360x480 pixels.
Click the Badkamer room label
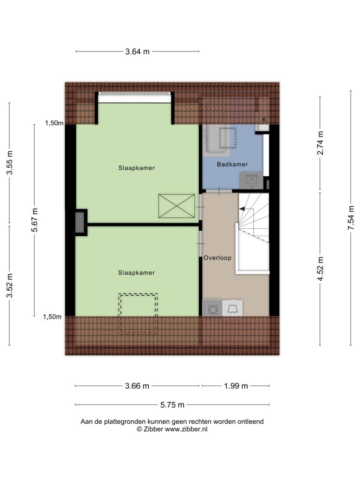pyautogui.click(x=232, y=165)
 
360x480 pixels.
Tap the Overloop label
pyautogui.click(x=217, y=258)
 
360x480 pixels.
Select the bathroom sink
pyautogui.click(x=251, y=180)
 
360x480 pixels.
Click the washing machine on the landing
pyautogui.click(x=212, y=308)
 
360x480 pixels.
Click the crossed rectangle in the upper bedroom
pyautogui.click(x=177, y=206)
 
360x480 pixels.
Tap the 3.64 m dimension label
pyautogui.click(x=137, y=52)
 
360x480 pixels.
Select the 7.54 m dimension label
pyautogui.click(x=352, y=218)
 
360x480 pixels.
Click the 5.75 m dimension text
pyautogui.click(x=172, y=405)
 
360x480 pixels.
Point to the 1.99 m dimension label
pyautogui.click(x=236, y=386)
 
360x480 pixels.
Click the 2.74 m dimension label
pyautogui.click(x=320, y=143)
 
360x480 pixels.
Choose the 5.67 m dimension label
pyautogui.click(x=35, y=220)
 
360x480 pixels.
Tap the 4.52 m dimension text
pyautogui.click(x=320, y=269)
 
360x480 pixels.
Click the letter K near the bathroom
pyautogui.click(x=264, y=120)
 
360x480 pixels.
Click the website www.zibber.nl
pyautogui.click(x=186, y=429)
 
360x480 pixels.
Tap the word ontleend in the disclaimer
pyautogui.click(x=251, y=421)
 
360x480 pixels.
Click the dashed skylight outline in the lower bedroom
pyautogui.click(x=138, y=314)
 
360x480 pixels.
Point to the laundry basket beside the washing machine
pyautogui.click(x=232, y=308)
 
